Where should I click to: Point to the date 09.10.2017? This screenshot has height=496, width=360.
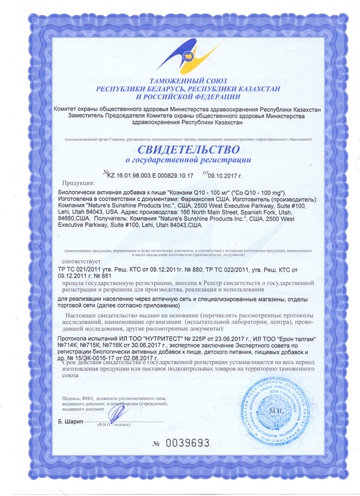click(x=227, y=177)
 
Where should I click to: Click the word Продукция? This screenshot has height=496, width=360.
click(x=80, y=183)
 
